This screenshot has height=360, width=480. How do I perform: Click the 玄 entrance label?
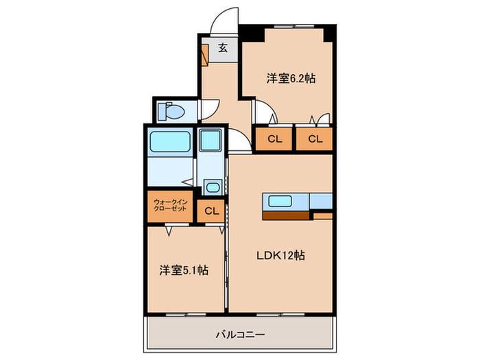(x=223, y=48)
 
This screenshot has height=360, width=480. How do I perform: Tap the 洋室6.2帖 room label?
(x=291, y=79)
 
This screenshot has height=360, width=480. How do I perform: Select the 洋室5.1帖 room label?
(x=184, y=270)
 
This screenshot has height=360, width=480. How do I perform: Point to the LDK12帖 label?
(x=280, y=255)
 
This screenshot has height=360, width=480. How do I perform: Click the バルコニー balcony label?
(x=240, y=335)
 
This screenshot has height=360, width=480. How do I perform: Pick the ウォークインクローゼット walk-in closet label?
(x=170, y=206)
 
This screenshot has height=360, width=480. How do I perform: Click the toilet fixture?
(x=171, y=111)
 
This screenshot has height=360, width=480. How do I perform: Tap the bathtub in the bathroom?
(x=169, y=141)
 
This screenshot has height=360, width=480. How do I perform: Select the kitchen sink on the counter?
(x=280, y=202)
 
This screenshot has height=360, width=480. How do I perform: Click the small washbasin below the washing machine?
(x=213, y=187)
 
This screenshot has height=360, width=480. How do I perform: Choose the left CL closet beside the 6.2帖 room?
(x=274, y=139)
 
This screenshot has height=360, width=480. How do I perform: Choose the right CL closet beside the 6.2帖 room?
(x=314, y=139)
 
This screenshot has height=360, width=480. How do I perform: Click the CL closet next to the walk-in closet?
(x=211, y=211)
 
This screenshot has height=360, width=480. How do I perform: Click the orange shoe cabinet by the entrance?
(x=205, y=55)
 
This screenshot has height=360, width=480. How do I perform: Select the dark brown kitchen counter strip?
(x=286, y=216)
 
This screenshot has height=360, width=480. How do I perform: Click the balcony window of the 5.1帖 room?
(x=186, y=314)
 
